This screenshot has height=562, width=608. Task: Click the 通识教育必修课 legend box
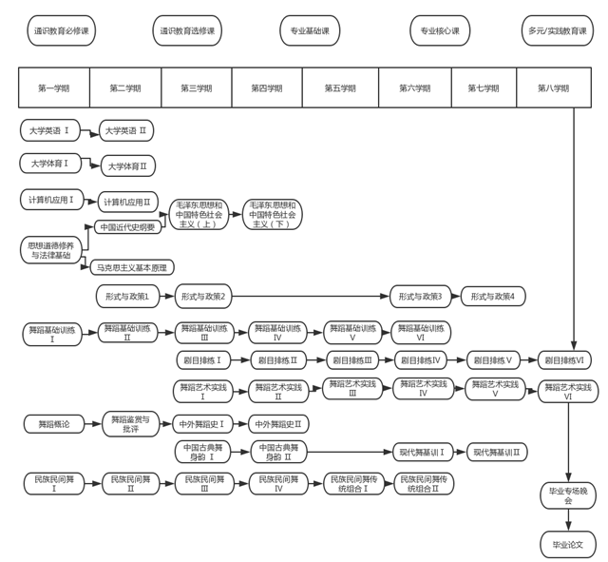tap(61, 30)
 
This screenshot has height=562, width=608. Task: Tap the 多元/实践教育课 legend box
tap(557, 30)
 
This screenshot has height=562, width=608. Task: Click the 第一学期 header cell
tap(54, 87)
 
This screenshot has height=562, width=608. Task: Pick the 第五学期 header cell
tap(339, 87)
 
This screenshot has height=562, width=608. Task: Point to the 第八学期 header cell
tap(553, 87)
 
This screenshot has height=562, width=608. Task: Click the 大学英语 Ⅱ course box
tap(126, 130)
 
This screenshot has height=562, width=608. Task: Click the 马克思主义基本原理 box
tap(132, 267)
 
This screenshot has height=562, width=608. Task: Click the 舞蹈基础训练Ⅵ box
tap(421, 332)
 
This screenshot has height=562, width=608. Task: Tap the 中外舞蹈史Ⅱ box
tap(279, 424)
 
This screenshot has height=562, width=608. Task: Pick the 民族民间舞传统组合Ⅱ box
tap(425, 483)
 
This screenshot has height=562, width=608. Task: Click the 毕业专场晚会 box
tap(568, 494)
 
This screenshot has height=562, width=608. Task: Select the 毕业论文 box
tap(568, 545)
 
